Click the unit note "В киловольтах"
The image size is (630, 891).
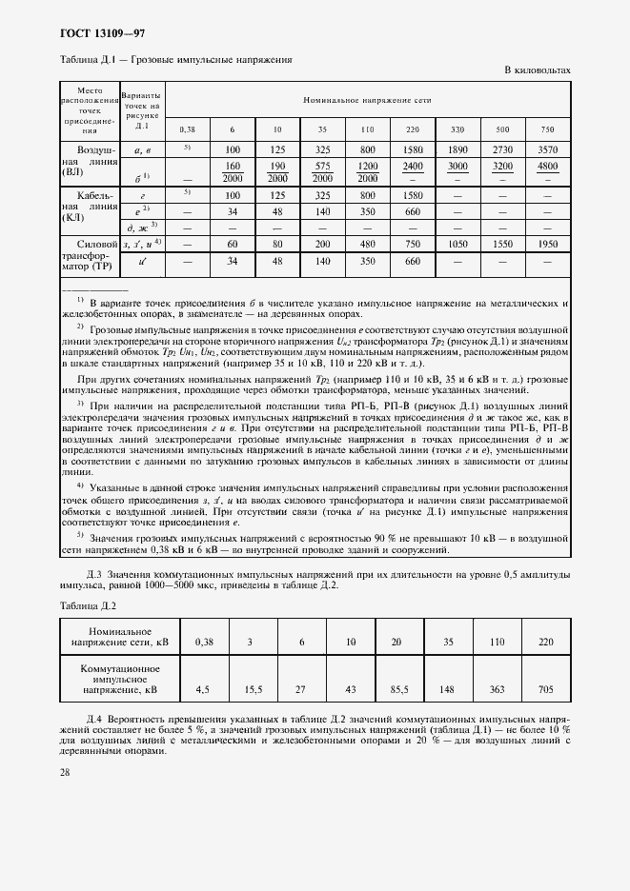(x=537, y=70)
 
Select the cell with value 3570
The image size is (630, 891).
(x=547, y=149)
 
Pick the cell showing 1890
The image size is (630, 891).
(x=457, y=149)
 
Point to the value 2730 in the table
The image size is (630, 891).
(x=502, y=149)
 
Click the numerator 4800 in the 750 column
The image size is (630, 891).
(x=547, y=167)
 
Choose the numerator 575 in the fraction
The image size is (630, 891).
(x=322, y=167)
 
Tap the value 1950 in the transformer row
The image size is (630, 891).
(x=547, y=244)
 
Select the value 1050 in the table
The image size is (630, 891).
(x=457, y=244)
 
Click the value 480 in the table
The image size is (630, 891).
(x=367, y=244)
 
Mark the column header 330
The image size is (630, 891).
(x=457, y=129)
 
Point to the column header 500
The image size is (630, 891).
(x=502, y=129)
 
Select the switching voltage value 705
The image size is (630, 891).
(x=545, y=687)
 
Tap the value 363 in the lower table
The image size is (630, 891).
(x=496, y=687)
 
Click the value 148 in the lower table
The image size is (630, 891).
(x=446, y=687)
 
